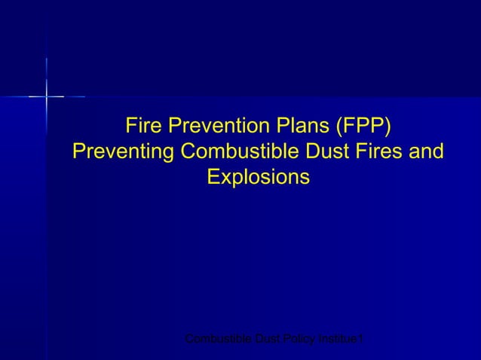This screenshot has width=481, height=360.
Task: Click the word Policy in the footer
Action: [x=301, y=342]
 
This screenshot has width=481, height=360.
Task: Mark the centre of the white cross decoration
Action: [x=47, y=96]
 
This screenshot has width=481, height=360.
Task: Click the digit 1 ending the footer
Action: [x=363, y=342]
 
